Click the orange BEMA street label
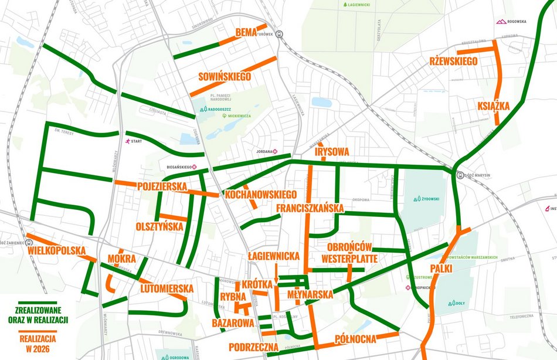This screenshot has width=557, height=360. [246, 32]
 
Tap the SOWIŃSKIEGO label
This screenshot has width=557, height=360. [225, 77]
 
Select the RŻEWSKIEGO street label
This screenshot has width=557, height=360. [453, 62]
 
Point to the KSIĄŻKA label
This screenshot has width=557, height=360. [493, 106]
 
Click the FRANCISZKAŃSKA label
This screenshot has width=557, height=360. [310, 208]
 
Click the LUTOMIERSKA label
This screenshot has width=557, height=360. [167, 288]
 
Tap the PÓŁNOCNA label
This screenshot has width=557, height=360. [355, 339]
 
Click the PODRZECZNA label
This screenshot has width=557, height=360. [254, 347]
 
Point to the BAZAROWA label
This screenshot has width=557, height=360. [233, 323]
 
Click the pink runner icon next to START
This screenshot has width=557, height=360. [127, 141]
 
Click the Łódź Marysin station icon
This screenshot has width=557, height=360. [461, 175]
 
